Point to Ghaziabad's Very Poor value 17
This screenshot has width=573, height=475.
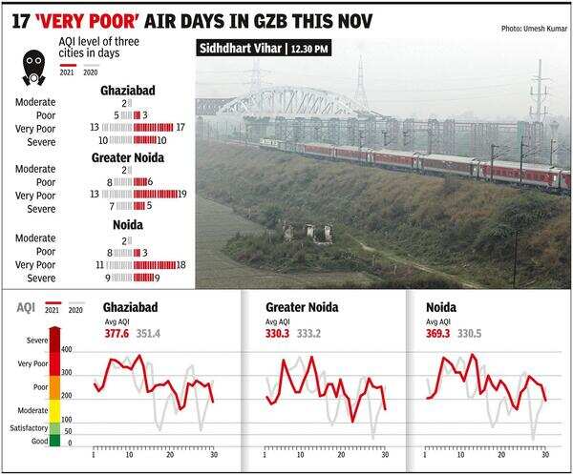[180, 127]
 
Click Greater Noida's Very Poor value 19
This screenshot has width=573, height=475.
[182, 194]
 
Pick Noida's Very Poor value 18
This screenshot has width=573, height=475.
[180, 264]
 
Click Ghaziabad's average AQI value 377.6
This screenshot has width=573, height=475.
[116, 334]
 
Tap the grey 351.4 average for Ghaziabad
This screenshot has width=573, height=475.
[148, 334]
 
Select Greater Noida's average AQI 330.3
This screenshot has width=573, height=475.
[278, 334]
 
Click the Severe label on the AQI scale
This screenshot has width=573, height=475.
[34, 340]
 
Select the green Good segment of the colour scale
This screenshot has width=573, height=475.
[54, 440]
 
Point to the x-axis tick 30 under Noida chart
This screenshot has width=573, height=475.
[544, 454]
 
